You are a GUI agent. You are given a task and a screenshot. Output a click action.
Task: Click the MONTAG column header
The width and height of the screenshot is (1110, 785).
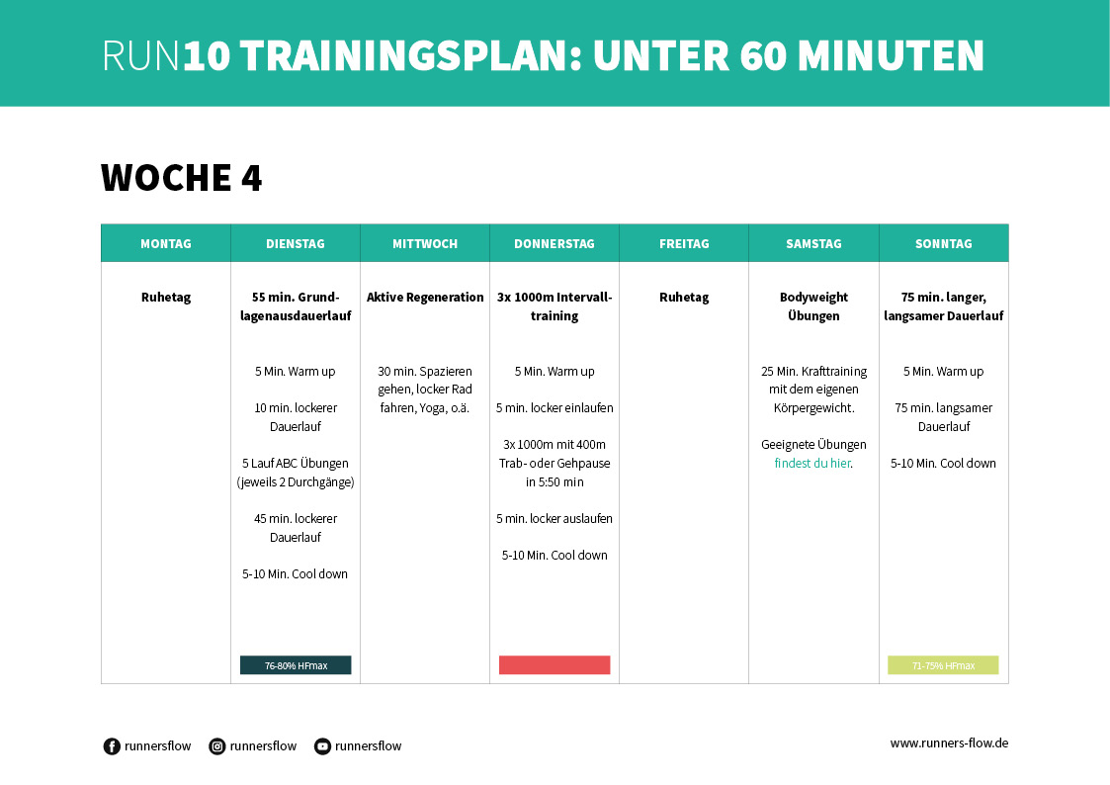(x=166, y=243)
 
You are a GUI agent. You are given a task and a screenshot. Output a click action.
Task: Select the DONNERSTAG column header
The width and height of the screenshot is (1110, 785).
(x=555, y=243)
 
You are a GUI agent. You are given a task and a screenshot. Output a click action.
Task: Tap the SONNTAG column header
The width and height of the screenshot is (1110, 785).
(x=944, y=243)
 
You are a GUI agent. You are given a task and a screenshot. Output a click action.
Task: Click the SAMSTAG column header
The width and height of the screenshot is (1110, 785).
(x=813, y=243)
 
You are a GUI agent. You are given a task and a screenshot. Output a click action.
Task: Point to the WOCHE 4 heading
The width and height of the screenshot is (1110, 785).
(x=182, y=178)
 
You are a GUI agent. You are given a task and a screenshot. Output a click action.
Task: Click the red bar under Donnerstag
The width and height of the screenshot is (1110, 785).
(x=555, y=665)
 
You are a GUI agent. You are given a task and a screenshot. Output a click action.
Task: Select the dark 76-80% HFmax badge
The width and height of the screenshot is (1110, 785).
(x=296, y=665)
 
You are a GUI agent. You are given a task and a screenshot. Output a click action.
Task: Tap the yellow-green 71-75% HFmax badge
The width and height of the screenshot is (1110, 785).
(x=943, y=665)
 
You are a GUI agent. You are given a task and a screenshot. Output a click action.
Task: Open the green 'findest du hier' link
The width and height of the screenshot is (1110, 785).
(x=811, y=463)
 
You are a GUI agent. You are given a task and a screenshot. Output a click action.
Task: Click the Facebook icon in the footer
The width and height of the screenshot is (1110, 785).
(x=112, y=746)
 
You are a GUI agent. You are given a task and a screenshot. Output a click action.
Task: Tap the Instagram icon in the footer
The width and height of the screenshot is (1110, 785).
(x=217, y=746)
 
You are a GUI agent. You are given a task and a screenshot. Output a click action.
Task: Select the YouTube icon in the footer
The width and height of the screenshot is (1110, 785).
(x=322, y=746)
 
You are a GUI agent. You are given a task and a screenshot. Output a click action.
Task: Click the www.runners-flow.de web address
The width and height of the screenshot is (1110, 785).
(x=949, y=743)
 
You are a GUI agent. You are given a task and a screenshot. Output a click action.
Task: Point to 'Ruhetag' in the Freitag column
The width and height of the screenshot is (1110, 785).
(x=684, y=297)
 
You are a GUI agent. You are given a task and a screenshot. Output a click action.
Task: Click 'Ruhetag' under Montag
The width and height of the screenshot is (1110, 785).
(x=166, y=297)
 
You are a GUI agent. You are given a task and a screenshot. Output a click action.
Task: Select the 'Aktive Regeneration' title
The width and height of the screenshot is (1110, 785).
(x=425, y=297)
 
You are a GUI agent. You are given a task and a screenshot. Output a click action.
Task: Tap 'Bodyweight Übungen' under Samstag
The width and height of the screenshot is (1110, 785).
(x=813, y=306)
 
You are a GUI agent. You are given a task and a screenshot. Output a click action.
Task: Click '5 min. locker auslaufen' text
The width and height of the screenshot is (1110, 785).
(x=555, y=518)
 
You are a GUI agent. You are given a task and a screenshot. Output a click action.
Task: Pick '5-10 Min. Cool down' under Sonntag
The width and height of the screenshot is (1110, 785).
(x=943, y=463)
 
